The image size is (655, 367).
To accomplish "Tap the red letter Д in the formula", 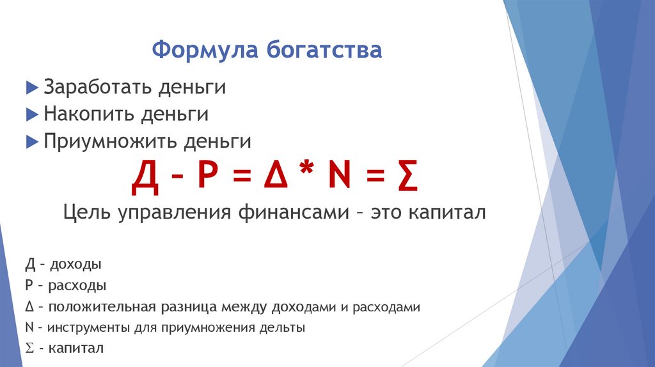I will tap(145, 179).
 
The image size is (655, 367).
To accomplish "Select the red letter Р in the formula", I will tap(207, 179).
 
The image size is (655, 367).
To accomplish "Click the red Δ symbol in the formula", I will tap(271, 179).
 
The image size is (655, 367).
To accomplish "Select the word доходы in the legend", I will tap(77, 264).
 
